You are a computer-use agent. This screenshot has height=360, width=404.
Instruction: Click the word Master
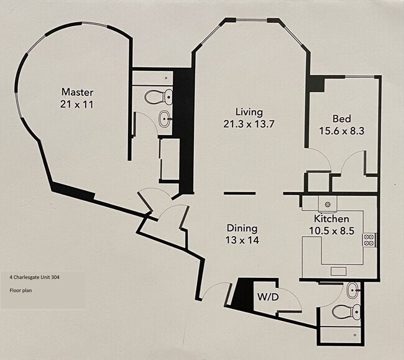(77, 92)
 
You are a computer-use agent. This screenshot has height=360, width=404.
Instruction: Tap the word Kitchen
(331, 219)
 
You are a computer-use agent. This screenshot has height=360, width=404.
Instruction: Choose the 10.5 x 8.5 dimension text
(331, 231)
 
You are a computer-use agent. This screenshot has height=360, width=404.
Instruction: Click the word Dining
(242, 228)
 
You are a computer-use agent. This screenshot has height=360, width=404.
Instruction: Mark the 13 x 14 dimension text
(242, 240)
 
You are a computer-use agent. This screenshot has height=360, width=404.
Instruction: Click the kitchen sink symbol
(326, 205)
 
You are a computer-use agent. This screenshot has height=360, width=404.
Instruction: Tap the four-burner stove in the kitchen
(369, 239)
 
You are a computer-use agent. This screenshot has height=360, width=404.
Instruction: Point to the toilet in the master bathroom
(158, 96)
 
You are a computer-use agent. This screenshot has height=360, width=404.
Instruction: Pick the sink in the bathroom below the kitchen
(353, 289)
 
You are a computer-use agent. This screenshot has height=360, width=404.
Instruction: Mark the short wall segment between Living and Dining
(239, 193)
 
